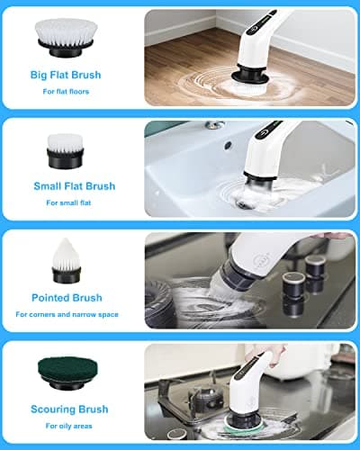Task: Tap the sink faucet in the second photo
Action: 213,125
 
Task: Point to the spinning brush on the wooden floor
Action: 242,80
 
